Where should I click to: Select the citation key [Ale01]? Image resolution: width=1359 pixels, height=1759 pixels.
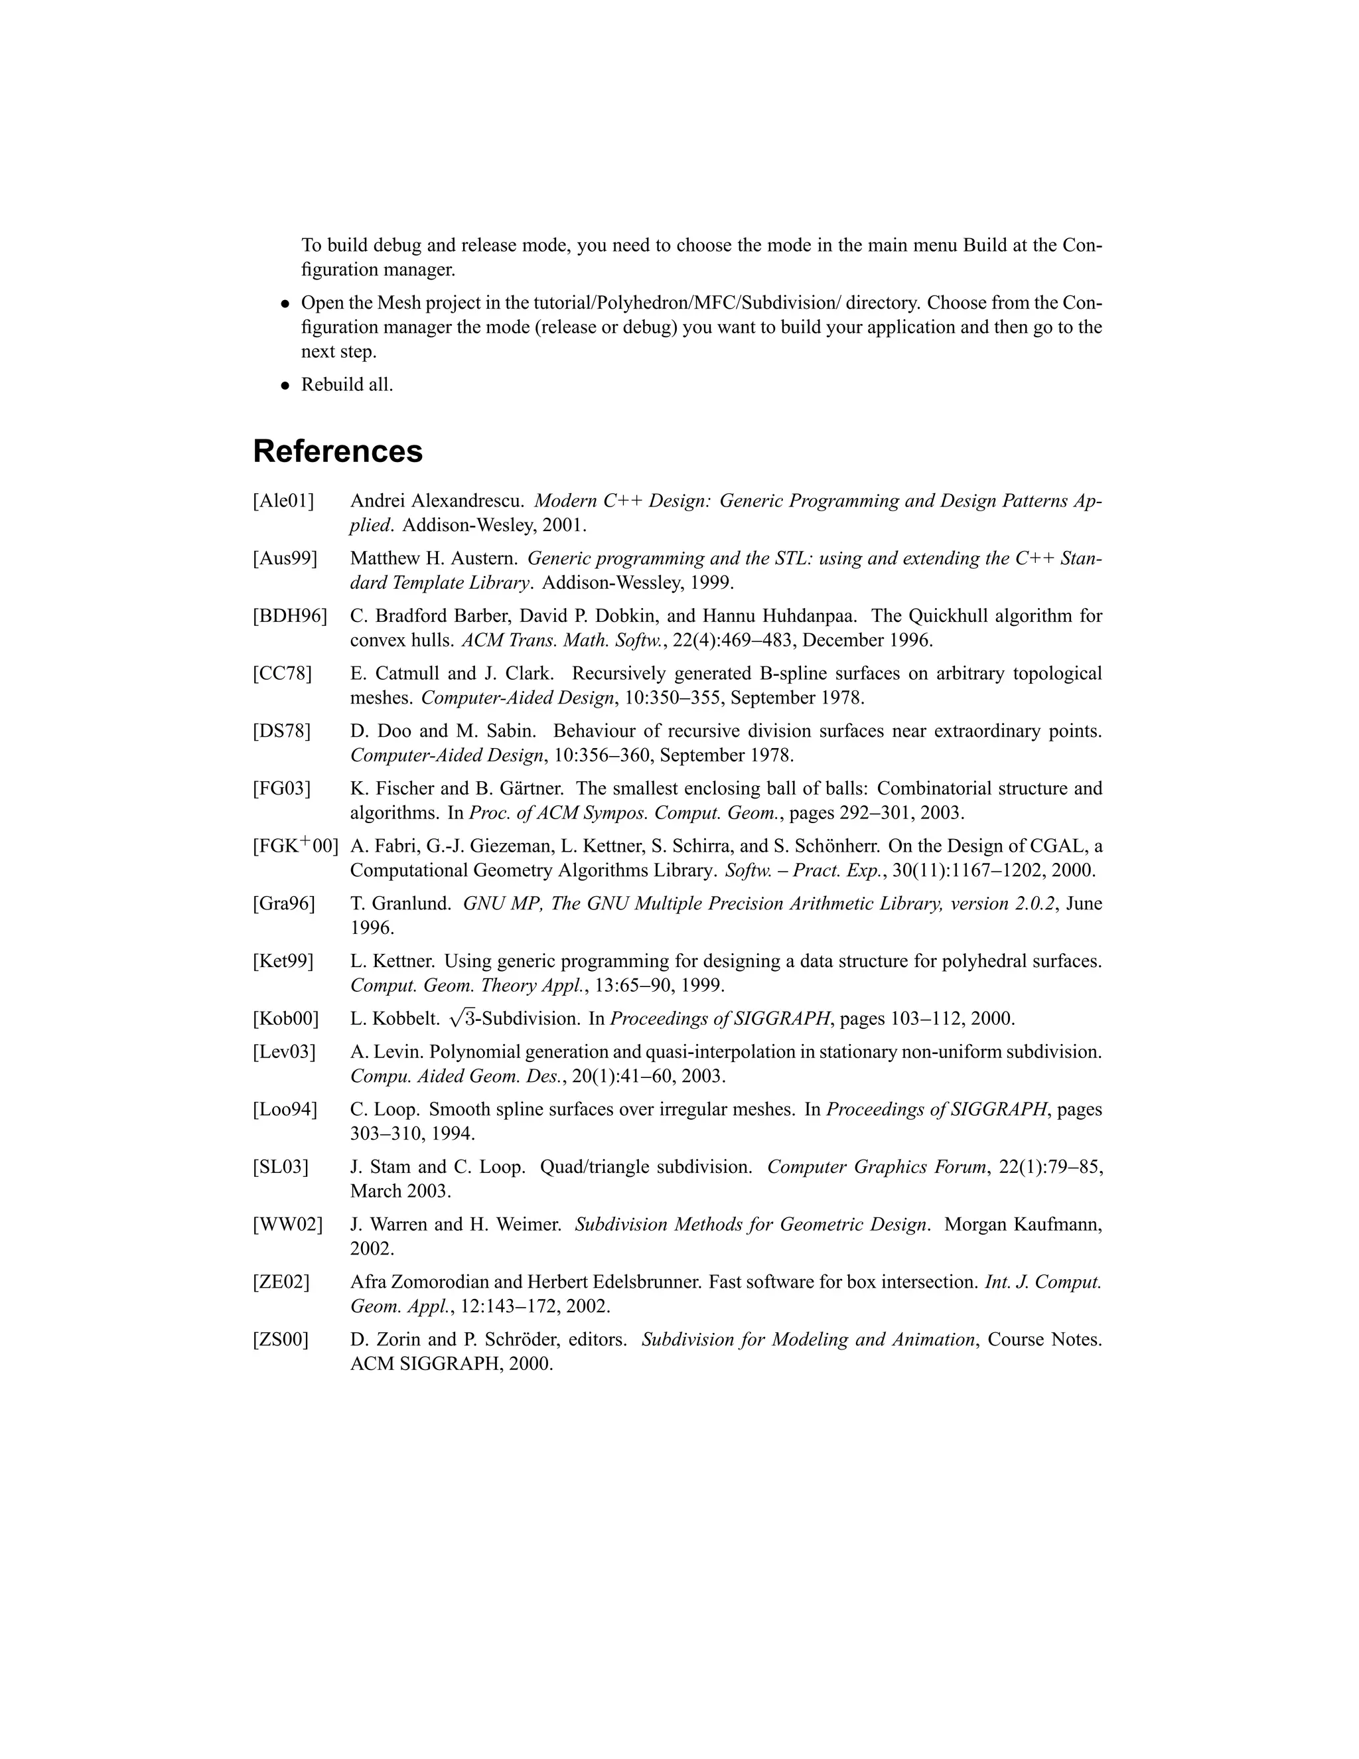point(283,501)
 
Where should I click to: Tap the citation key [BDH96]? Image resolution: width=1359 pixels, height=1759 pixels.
point(290,616)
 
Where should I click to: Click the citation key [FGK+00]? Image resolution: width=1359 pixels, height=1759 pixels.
point(295,846)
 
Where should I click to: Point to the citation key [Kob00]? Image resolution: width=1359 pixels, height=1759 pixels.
point(286,1019)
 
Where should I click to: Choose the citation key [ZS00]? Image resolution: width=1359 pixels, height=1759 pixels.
point(280,1339)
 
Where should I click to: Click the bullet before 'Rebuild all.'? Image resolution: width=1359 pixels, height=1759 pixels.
point(284,386)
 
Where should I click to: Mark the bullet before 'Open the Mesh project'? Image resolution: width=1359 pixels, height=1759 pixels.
point(284,305)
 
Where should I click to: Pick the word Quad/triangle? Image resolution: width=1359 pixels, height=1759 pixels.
point(594,1167)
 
